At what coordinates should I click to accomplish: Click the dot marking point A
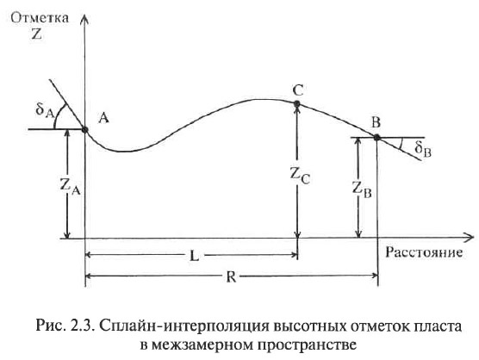click(x=85, y=130)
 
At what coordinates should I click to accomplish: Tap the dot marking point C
click(x=297, y=104)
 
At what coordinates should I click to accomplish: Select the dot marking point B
click(x=376, y=138)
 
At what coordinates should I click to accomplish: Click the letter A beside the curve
click(x=103, y=117)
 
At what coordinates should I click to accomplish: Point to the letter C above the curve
click(x=298, y=90)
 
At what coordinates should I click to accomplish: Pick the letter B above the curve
click(x=376, y=122)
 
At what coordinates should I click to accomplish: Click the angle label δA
click(x=45, y=110)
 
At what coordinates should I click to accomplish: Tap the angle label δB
click(x=423, y=150)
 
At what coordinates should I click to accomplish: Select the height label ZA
click(x=71, y=187)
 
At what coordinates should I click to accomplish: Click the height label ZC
click(x=300, y=176)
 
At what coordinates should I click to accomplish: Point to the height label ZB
click(x=362, y=190)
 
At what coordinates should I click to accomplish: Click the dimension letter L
click(x=194, y=256)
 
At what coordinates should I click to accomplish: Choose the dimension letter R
click(x=231, y=277)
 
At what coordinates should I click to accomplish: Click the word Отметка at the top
click(x=40, y=18)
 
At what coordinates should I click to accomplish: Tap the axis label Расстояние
click(x=424, y=252)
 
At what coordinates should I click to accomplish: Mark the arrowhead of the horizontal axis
click(x=469, y=238)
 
